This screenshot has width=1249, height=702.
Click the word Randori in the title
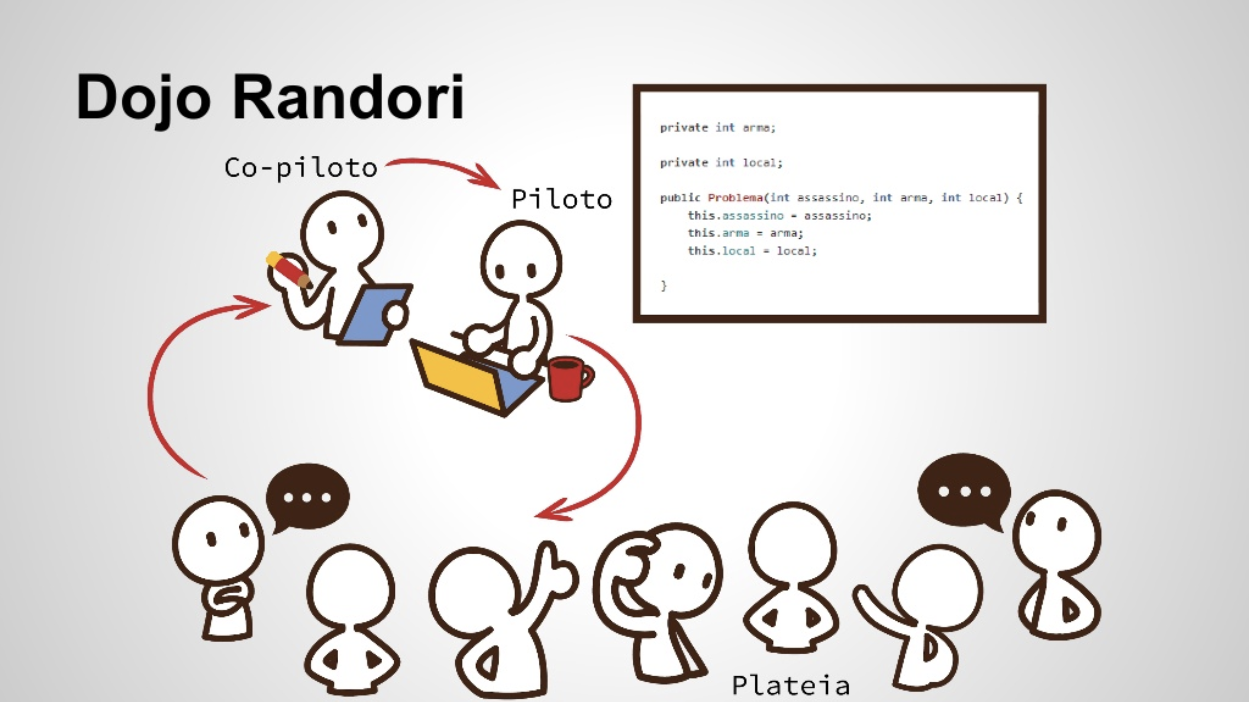[x=349, y=96]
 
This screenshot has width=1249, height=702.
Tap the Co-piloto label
[x=301, y=168]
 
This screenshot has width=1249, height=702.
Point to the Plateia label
[x=791, y=685]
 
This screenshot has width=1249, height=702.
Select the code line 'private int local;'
[x=722, y=162]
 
